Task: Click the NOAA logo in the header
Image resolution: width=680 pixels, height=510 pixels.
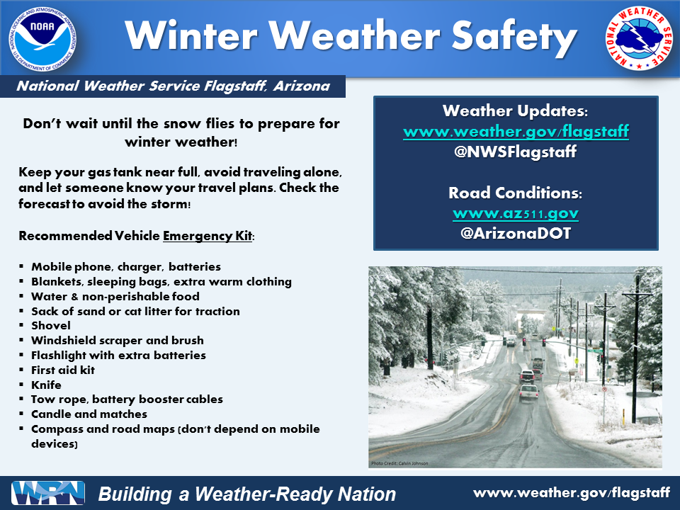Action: (x=42, y=39)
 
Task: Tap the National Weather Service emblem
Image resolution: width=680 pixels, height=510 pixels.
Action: (x=639, y=38)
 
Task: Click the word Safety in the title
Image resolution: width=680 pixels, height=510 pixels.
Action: (x=515, y=36)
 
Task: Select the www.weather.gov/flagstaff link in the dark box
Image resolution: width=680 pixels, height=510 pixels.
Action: (x=516, y=131)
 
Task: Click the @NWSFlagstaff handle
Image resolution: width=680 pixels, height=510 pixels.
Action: (x=515, y=152)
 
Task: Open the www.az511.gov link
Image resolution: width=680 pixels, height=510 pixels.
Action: (x=516, y=213)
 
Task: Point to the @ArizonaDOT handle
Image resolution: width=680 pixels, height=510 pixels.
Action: (x=516, y=233)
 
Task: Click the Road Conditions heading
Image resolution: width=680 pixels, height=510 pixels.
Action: (x=515, y=193)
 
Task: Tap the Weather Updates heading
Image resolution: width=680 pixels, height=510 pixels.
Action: (x=515, y=110)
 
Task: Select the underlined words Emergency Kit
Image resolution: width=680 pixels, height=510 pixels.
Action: (x=208, y=236)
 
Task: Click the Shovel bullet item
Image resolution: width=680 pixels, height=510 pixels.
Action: (x=51, y=326)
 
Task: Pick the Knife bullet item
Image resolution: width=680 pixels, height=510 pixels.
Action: (x=47, y=385)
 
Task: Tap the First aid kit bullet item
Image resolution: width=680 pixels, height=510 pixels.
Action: (x=63, y=370)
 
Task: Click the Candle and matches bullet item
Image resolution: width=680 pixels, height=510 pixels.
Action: (x=89, y=414)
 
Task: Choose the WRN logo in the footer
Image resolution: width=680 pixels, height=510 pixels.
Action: (x=48, y=493)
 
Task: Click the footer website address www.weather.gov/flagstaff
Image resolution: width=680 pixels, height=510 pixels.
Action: (x=572, y=493)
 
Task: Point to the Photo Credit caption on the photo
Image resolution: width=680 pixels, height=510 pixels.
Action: (x=399, y=463)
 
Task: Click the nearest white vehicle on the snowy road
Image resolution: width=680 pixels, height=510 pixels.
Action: (x=528, y=392)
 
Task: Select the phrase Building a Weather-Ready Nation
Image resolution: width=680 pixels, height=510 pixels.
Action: (x=247, y=494)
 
